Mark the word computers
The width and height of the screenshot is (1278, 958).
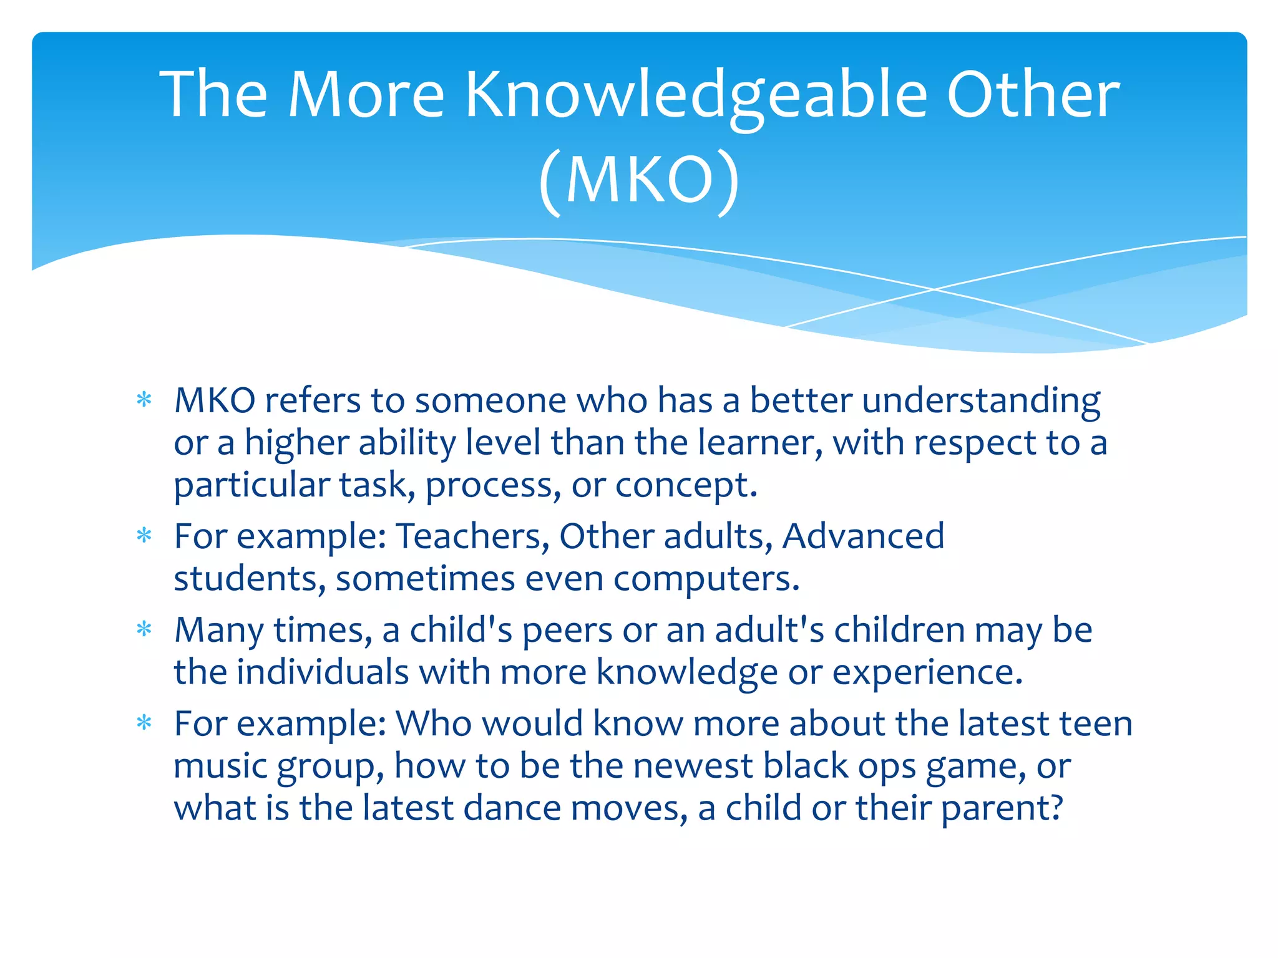705,579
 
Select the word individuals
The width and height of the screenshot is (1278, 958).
322,672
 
